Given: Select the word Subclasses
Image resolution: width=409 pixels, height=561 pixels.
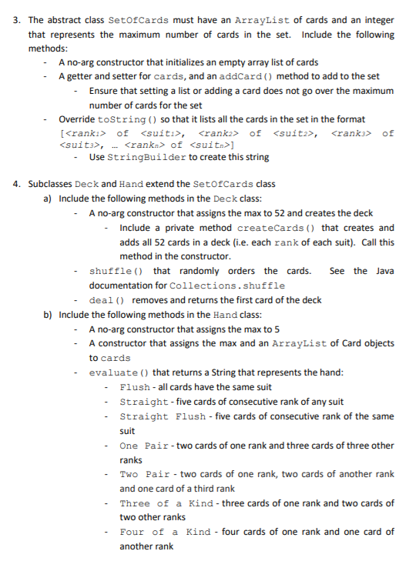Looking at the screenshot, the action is [49, 185].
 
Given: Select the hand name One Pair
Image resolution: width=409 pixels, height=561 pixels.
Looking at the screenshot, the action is [145, 446].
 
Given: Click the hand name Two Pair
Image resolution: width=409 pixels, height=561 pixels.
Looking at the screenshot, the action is [145, 474].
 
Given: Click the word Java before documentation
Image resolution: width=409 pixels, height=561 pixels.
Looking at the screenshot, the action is [382, 271].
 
